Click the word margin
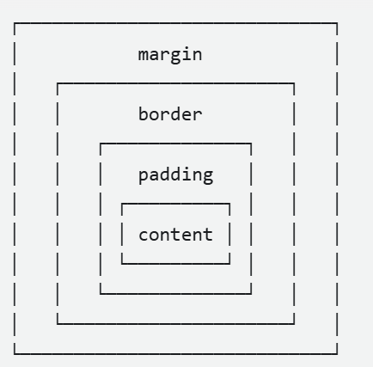tap(170, 55)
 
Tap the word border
tap(170, 113)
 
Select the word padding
tap(175, 174)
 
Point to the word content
tap(175, 235)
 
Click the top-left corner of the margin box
tap(15, 23)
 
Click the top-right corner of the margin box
tap(337, 23)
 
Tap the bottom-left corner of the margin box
tap(15, 354)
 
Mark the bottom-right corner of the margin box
tap(337, 354)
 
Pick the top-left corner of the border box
tap(58, 83)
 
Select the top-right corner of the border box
tap(294, 83)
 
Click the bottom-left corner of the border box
tap(58, 324)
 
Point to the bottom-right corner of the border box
tap(294, 324)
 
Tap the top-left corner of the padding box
tap(101, 144)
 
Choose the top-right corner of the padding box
tap(251, 144)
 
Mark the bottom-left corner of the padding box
tap(101, 294)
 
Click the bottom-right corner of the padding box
tap(251, 294)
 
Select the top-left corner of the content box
tap(122, 204)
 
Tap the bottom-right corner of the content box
tap(229, 263)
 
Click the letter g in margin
tap(175, 57)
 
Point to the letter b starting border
tap(144, 113)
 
